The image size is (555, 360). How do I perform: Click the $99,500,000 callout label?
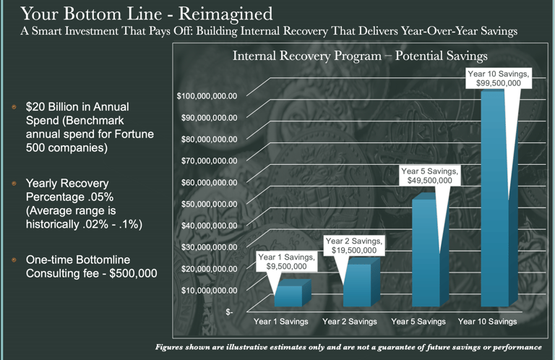tap(499, 79)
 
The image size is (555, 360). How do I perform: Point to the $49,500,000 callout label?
tap(429, 176)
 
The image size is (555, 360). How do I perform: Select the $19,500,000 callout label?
tap(354, 246)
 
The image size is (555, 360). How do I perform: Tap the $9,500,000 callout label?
tap(286, 262)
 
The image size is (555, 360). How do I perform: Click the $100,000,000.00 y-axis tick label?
tap(207, 95)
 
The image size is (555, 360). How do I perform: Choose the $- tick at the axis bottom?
tap(230, 312)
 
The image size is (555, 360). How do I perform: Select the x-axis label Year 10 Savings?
tap(488, 321)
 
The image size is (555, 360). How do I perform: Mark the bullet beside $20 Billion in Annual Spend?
tap(13, 107)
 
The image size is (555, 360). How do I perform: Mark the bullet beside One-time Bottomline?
tap(13, 259)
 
